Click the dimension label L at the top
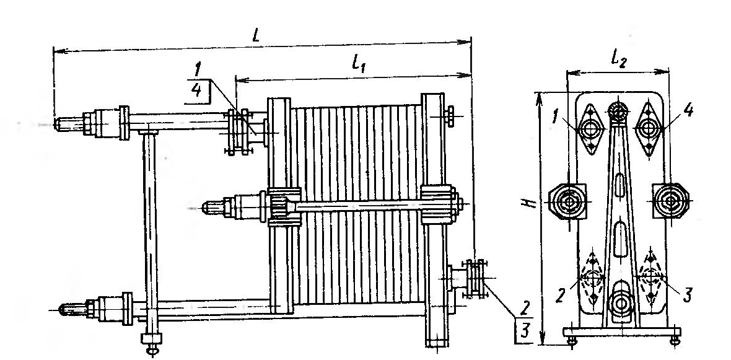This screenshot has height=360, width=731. coord(256,35)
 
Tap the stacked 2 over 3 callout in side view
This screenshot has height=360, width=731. coord(523,319)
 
